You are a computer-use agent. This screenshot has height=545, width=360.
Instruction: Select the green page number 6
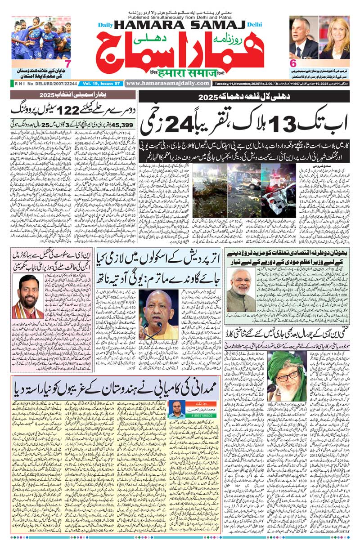293,63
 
